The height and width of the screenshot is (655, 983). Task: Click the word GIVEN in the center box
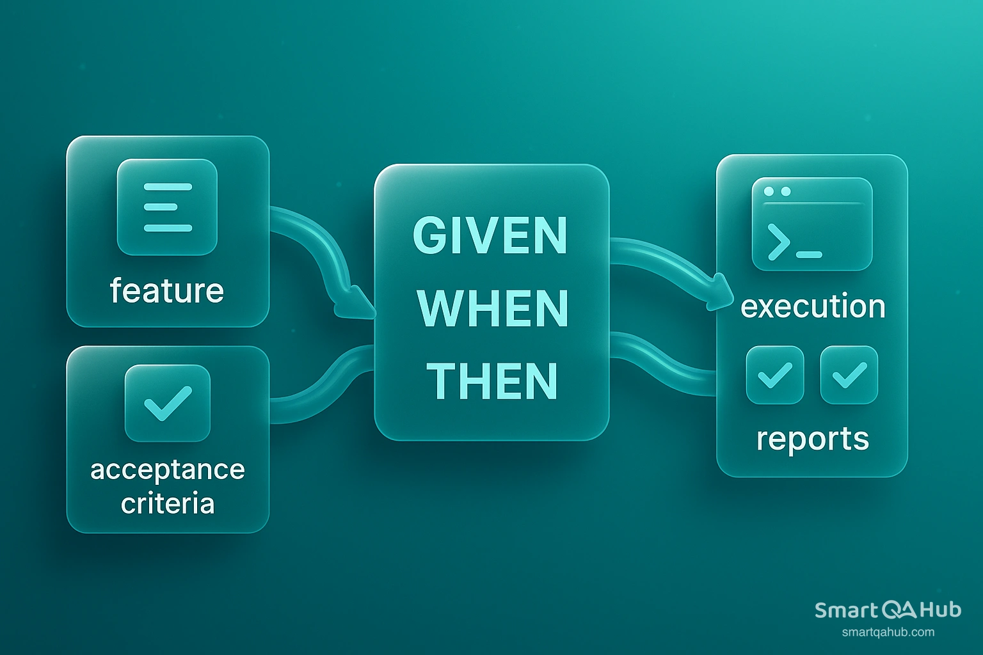coord(490,235)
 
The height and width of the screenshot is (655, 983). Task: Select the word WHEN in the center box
coord(493,309)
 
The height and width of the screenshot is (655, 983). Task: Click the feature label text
coord(167,291)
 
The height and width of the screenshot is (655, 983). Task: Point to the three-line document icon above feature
coord(168,207)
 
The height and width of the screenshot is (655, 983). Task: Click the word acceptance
coord(168,470)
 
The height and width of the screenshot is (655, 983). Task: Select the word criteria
coord(168,503)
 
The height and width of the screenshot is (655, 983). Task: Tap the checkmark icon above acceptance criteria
coord(168,403)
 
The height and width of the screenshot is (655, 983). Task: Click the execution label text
coord(813,306)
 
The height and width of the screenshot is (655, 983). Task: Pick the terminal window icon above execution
coord(812,224)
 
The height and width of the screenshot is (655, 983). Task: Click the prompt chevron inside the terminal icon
coord(778,243)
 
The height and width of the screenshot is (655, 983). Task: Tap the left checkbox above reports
coord(775,375)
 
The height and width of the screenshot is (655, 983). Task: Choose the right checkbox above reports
coord(849,375)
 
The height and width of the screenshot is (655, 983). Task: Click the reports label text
coord(813,439)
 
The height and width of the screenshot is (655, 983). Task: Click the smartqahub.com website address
coord(888,633)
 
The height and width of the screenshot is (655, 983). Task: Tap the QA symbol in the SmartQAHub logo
coord(899,610)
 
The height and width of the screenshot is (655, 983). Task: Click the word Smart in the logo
coord(846,610)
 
